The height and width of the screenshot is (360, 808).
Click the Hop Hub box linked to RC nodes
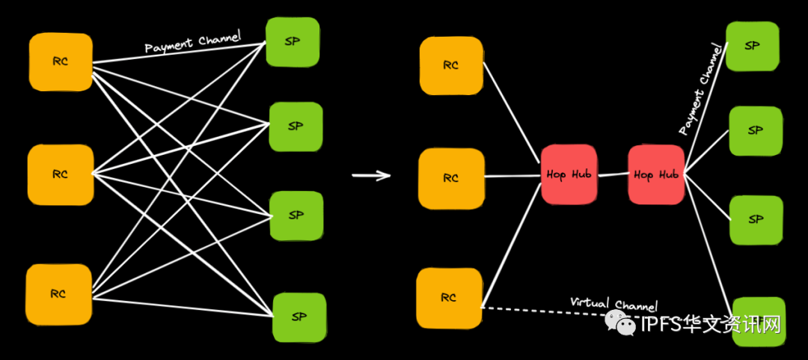[x=569, y=175]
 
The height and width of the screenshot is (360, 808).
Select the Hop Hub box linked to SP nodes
[x=656, y=175]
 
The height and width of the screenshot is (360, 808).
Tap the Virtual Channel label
[x=613, y=304]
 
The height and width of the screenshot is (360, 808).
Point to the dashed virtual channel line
[x=539, y=309]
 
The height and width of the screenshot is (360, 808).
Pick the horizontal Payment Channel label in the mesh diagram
[x=192, y=43]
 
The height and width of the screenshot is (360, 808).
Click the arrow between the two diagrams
[x=372, y=176]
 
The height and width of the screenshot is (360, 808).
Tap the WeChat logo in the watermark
[x=621, y=323]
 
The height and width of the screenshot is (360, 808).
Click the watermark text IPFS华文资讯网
[x=711, y=324]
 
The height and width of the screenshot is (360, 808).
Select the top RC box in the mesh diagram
[x=61, y=62]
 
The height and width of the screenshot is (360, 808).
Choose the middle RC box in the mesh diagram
[x=61, y=175]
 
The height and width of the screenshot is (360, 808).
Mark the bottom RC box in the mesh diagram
[x=59, y=294]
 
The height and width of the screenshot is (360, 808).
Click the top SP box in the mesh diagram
[x=293, y=42]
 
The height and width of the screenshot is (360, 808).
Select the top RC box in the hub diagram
[x=451, y=66]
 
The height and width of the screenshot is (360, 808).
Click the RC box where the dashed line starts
[x=449, y=298]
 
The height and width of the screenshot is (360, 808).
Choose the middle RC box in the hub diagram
[x=451, y=178]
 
